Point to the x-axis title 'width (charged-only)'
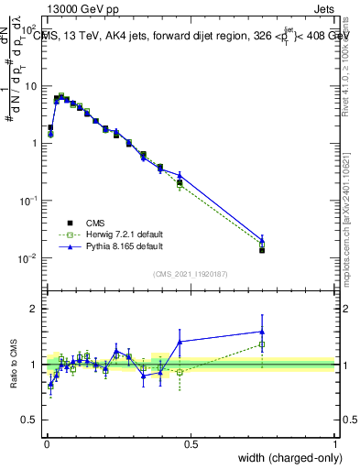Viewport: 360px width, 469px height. [x=284, y=459]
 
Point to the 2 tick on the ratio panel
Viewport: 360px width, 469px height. [x=34, y=309]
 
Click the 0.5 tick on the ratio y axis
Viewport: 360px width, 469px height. [x=30, y=420]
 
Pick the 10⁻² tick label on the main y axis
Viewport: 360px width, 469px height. [x=27, y=258]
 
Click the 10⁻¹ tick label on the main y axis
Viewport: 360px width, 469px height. [x=27, y=201]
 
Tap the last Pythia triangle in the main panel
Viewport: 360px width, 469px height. [x=262, y=239]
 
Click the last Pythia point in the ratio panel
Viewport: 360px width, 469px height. [x=262, y=332]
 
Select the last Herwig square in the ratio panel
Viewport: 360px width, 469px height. [x=262, y=344]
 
